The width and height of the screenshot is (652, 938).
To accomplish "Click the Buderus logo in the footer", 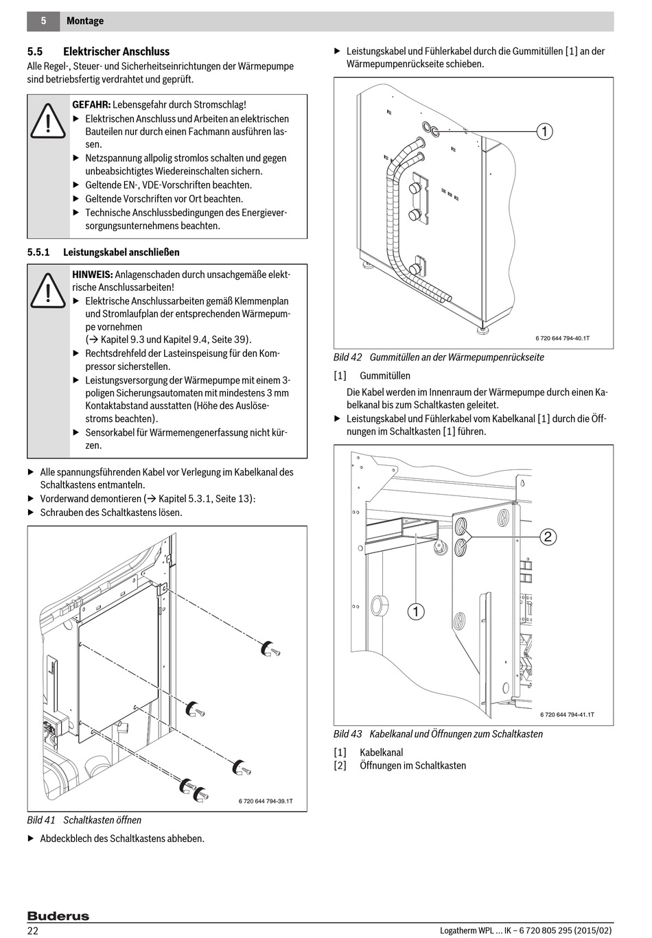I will pyautogui.click(x=58, y=916).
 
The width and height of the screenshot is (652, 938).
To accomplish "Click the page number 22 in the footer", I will pyautogui.click(x=33, y=930).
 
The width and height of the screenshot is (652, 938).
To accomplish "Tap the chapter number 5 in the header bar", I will pyautogui.click(x=43, y=21).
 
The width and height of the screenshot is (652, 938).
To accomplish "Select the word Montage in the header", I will pyautogui.click(x=85, y=21).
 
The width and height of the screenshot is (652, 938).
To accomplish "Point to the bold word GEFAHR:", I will pyautogui.click(x=91, y=105).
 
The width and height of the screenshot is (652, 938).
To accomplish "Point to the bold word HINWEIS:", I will pyautogui.click(x=93, y=274).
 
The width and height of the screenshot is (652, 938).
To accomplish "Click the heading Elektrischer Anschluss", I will pyautogui.click(x=116, y=51).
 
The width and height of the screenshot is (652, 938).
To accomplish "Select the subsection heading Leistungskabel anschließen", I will pyautogui.click(x=121, y=252).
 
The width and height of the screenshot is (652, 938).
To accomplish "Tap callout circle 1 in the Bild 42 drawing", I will pyautogui.click(x=544, y=131).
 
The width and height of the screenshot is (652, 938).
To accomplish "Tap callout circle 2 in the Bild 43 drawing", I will pyautogui.click(x=548, y=536).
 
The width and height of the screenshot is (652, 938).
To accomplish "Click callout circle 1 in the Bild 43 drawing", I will pyautogui.click(x=416, y=611).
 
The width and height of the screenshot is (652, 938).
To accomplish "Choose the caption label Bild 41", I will pyautogui.click(x=41, y=820).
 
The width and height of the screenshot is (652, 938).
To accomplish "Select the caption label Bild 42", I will pyautogui.click(x=347, y=357).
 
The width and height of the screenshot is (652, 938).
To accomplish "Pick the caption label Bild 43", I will pyautogui.click(x=347, y=734).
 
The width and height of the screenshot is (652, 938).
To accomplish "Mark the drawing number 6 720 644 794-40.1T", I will pyautogui.click(x=563, y=338).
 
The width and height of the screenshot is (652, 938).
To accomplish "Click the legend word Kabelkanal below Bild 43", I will pyautogui.click(x=381, y=753).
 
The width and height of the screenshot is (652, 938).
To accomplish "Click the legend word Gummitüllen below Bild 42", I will pyautogui.click(x=385, y=376).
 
